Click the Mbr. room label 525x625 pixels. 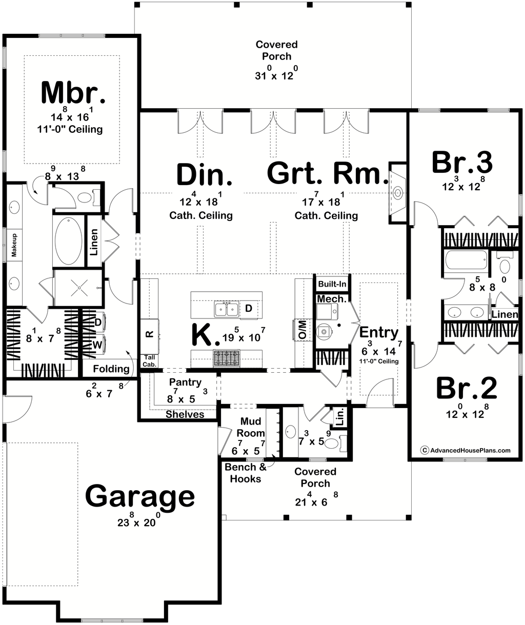[x=73, y=92]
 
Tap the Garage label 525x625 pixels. [x=140, y=497]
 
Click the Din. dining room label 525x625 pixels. [x=205, y=174]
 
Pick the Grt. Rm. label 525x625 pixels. [x=327, y=174]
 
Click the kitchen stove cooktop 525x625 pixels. [x=226, y=358]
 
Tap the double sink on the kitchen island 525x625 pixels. [x=226, y=310]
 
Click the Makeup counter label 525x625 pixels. [x=14, y=246]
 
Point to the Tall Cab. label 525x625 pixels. [x=149, y=360]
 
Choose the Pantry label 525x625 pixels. [x=185, y=382]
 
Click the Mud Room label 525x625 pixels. [x=251, y=427]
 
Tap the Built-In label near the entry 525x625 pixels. [x=332, y=284]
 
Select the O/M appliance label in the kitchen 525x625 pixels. [x=302, y=329]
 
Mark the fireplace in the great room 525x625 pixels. [x=397, y=193]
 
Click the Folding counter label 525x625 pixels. [x=111, y=369]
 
